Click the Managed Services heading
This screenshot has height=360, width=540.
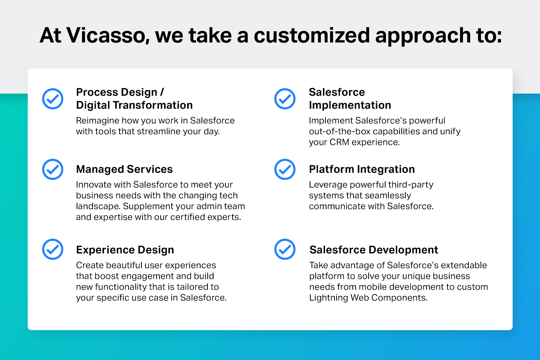pos(125,169)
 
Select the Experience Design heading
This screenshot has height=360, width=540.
pos(125,250)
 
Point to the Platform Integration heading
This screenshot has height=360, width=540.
pos(362,169)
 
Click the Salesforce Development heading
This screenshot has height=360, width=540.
pos(374,250)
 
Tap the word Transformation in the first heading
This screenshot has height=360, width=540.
pos(153,105)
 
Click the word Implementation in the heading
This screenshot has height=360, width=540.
pos(350,105)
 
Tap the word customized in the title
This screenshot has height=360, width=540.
pos(312,35)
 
